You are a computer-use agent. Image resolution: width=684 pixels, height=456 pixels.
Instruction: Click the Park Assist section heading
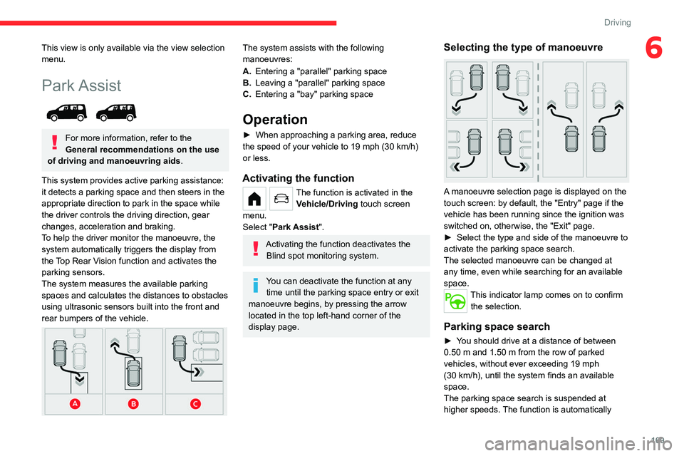[x=82, y=85]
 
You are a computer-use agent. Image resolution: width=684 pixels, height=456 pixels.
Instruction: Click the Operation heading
[x=275, y=119]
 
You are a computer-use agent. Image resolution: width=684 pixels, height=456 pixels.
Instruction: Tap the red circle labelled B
[x=135, y=404]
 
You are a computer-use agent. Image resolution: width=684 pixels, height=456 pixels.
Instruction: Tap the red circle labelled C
[x=195, y=404]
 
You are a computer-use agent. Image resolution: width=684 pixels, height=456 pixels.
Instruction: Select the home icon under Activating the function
[x=254, y=198]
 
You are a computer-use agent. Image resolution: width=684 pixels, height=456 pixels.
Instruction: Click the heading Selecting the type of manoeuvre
[x=523, y=47]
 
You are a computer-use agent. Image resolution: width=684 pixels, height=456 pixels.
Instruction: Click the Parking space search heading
[x=497, y=326]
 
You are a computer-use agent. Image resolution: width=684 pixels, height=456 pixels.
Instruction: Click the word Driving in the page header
[x=617, y=23]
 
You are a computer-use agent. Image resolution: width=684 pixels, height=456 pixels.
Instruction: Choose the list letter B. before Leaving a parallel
[x=247, y=83]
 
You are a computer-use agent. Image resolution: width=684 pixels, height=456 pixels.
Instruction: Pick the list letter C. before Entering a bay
[x=247, y=94]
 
